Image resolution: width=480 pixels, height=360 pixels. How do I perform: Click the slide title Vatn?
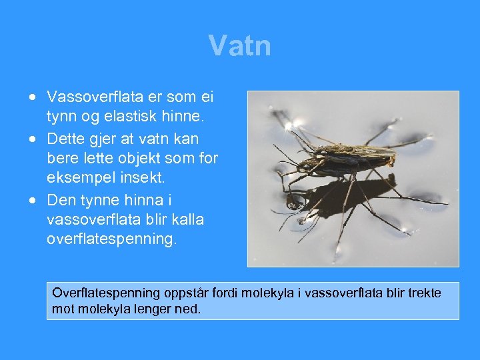[239, 46]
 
